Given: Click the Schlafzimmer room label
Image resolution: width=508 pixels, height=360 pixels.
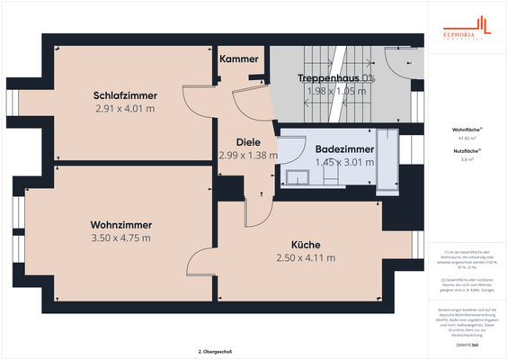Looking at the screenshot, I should pos(125,95).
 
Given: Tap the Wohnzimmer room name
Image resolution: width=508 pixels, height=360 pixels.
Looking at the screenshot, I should pos(120,225).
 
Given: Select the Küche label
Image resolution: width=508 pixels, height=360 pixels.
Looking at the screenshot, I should pos(305,244).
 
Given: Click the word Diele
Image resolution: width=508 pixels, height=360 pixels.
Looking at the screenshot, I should pos(248,142).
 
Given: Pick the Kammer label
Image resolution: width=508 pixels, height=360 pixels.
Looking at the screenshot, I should pos(239,59).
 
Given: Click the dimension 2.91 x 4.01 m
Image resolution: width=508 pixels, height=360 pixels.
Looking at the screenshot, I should pos(125,108).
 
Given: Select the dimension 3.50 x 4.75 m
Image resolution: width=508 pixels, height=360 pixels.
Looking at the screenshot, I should pos(120,238).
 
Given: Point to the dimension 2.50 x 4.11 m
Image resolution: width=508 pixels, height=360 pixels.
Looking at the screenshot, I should pos(305,257).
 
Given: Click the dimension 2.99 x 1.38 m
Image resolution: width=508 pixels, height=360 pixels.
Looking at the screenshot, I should pos(248,155).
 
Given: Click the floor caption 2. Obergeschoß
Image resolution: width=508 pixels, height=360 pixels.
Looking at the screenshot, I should pos(215,351).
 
